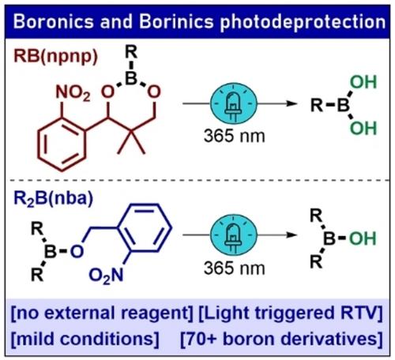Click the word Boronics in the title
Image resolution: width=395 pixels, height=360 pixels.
click(x=54, y=21)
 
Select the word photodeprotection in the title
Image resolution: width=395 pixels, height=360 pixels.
click(x=303, y=22)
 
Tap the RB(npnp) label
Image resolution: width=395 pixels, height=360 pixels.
click(x=55, y=57)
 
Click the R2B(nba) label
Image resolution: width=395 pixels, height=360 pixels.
click(x=54, y=199)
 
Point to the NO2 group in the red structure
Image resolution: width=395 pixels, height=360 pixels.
click(x=73, y=93)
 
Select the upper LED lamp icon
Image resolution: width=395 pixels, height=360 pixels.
click(x=234, y=103)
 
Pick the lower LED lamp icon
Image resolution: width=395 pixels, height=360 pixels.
click(x=234, y=234)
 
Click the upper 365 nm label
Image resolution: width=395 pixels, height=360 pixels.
click(x=234, y=136)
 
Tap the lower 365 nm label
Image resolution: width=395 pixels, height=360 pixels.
click(x=234, y=268)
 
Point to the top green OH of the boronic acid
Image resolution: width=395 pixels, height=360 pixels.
click(x=363, y=82)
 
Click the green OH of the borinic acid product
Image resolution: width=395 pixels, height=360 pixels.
click(x=363, y=238)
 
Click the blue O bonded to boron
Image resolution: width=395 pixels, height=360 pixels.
click(x=77, y=251)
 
